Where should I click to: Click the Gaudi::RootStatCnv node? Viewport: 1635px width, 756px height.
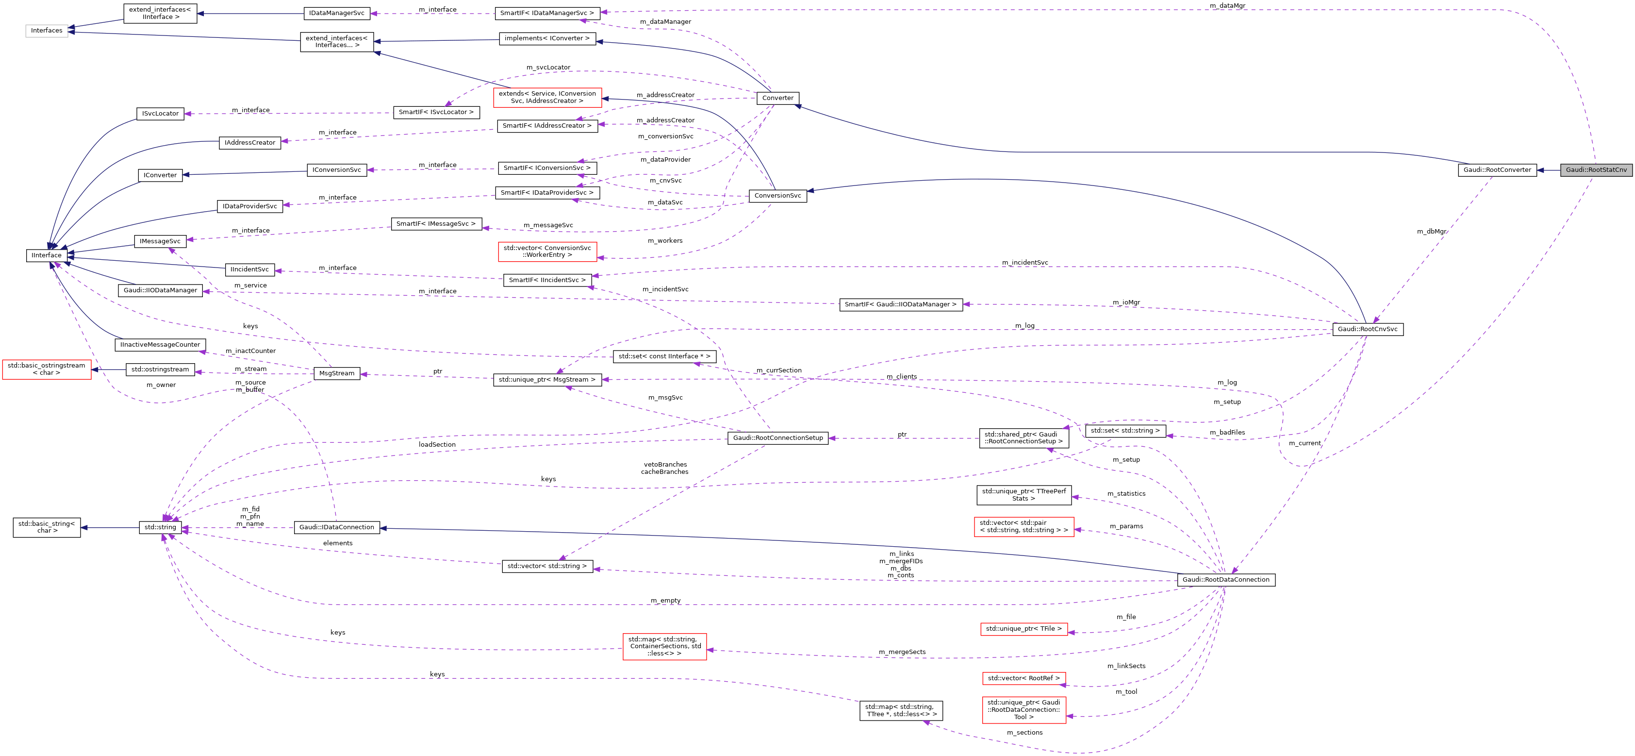pyautogui.click(x=1596, y=170)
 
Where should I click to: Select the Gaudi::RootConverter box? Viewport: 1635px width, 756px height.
pyautogui.click(x=1497, y=170)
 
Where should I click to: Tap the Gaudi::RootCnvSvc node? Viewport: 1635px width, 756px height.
pyautogui.click(x=1367, y=329)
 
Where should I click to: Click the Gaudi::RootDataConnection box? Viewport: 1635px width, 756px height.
pyautogui.click(x=1225, y=580)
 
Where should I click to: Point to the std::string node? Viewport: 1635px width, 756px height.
pyautogui.click(x=160, y=527)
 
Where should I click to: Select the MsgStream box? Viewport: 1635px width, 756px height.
pyautogui.click(x=336, y=373)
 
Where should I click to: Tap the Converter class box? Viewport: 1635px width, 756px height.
pyautogui.click(x=777, y=98)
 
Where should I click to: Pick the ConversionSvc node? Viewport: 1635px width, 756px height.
pyautogui.click(x=777, y=196)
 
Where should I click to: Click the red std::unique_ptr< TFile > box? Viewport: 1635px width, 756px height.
pyautogui.click(x=1023, y=629)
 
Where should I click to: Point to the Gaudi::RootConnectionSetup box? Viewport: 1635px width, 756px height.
pyautogui.click(x=777, y=438)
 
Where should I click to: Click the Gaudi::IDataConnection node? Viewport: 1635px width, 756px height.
pyautogui.click(x=336, y=527)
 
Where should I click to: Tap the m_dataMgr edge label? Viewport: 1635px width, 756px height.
pyautogui.click(x=1227, y=6)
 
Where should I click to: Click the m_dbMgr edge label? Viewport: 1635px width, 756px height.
pyautogui.click(x=1431, y=232)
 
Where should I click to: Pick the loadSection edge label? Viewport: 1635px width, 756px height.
pyautogui.click(x=437, y=445)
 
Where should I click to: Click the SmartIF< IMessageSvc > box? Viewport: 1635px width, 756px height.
pyautogui.click(x=435, y=224)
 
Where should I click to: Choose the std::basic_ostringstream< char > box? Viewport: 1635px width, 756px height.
pyautogui.click(x=46, y=370)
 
